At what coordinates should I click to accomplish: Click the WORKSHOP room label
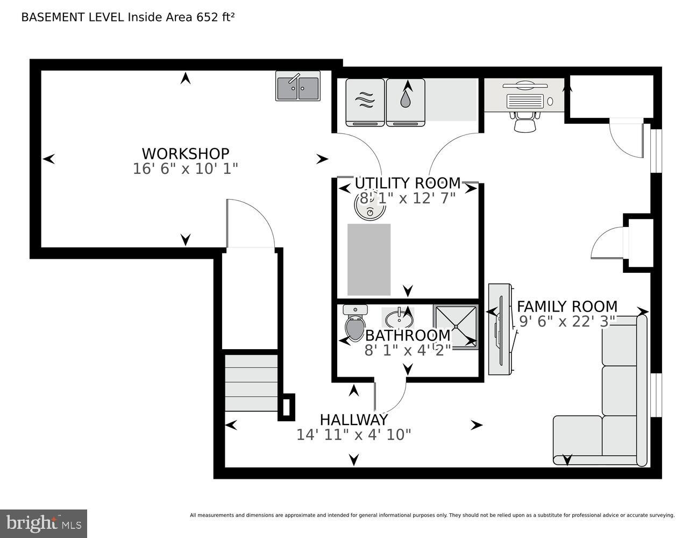[x=185, y=154]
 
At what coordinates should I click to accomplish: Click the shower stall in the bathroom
[x=456, y=327]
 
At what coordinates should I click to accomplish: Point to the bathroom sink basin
[x=398, y=317]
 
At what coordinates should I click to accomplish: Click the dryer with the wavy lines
[x=365, y=102]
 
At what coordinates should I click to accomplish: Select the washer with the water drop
[x=406, y=102]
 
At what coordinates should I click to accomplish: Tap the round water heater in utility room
[x=370, y=204]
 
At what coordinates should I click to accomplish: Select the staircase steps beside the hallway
[x=251, y=382]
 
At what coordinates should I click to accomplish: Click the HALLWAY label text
[x=353, y=420]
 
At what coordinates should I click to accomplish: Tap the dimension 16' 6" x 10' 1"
[x=185, y=169]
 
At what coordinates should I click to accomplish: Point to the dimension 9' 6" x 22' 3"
[x=567, y=322]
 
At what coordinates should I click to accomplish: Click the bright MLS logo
[x=43, y=523]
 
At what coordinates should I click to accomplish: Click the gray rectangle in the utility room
[x=369, y=259]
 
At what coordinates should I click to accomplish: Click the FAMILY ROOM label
[x=567, y=307]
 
